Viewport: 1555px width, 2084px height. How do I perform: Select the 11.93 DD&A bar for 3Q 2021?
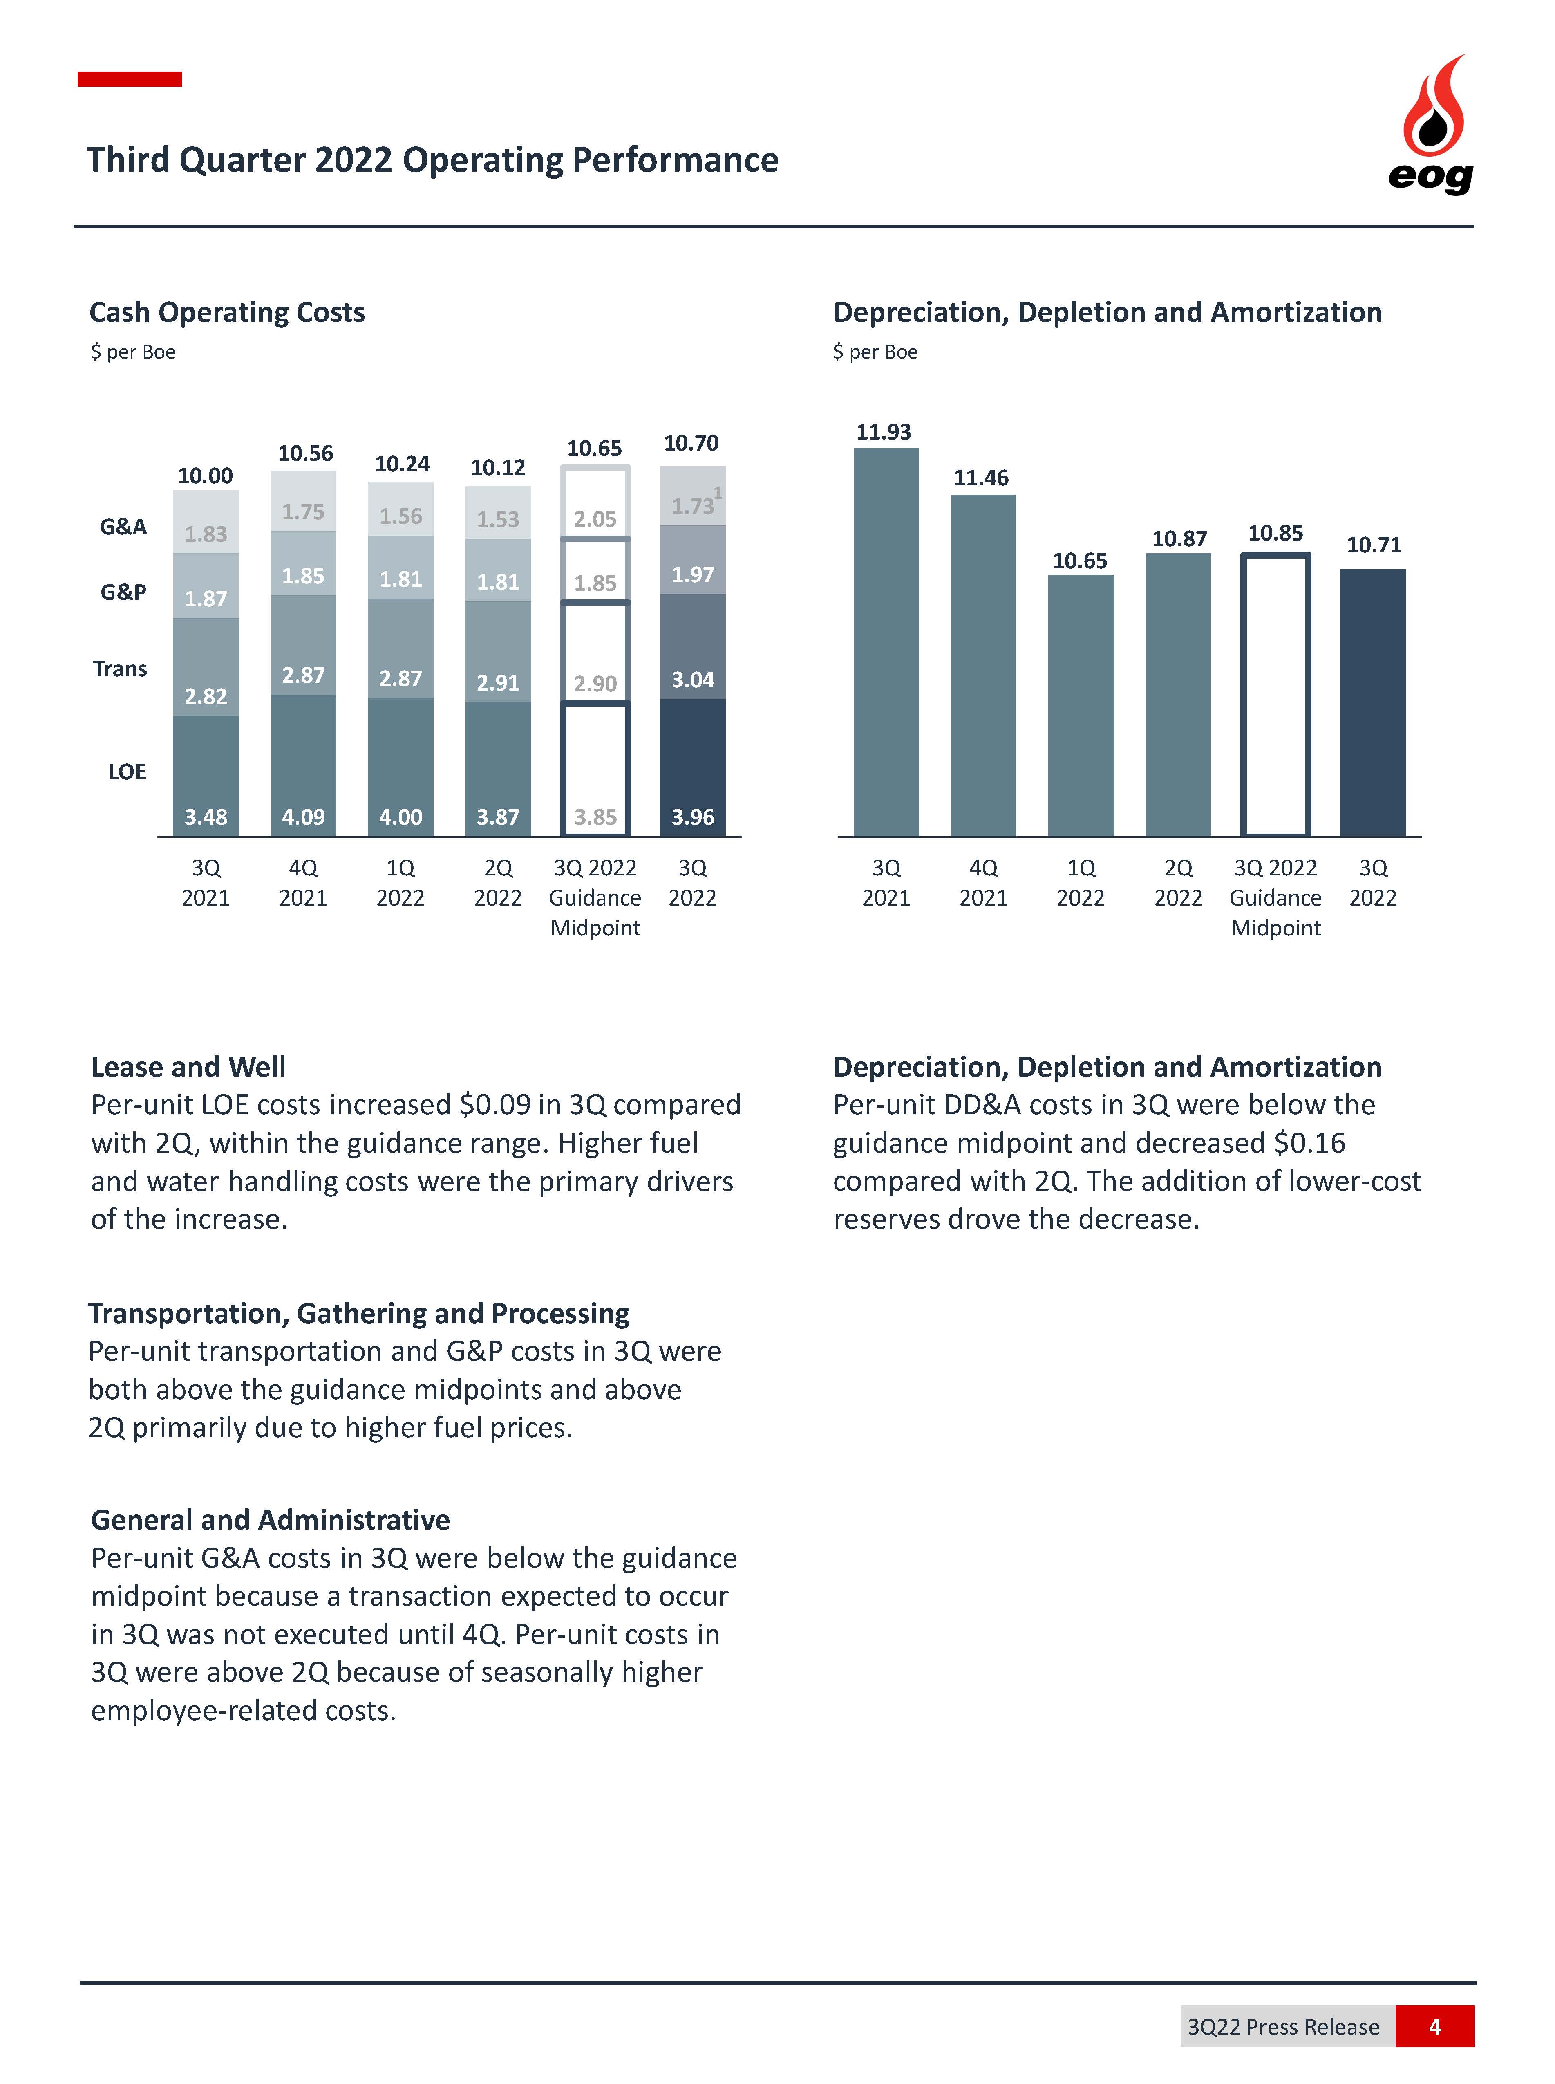coord(886,642)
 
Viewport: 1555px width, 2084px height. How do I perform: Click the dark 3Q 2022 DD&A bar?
coord(1373,702)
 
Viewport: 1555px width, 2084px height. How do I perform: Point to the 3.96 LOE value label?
coord(693,817)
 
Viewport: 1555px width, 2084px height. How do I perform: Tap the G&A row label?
coord(123,526)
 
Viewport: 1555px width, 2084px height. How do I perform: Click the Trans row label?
coord(121,668)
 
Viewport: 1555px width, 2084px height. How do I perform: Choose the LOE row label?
coord(127,772)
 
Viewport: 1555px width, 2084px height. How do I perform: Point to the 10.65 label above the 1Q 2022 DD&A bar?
coord(1080,561)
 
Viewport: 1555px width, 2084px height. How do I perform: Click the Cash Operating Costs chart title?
coord(227,313)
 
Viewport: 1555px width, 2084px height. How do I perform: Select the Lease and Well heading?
coord(188,1067)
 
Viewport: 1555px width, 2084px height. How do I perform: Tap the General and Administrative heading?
coord(270,1520)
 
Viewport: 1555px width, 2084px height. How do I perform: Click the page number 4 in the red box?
coord(1434,2027)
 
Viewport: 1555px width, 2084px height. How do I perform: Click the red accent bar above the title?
coord(130,79)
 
